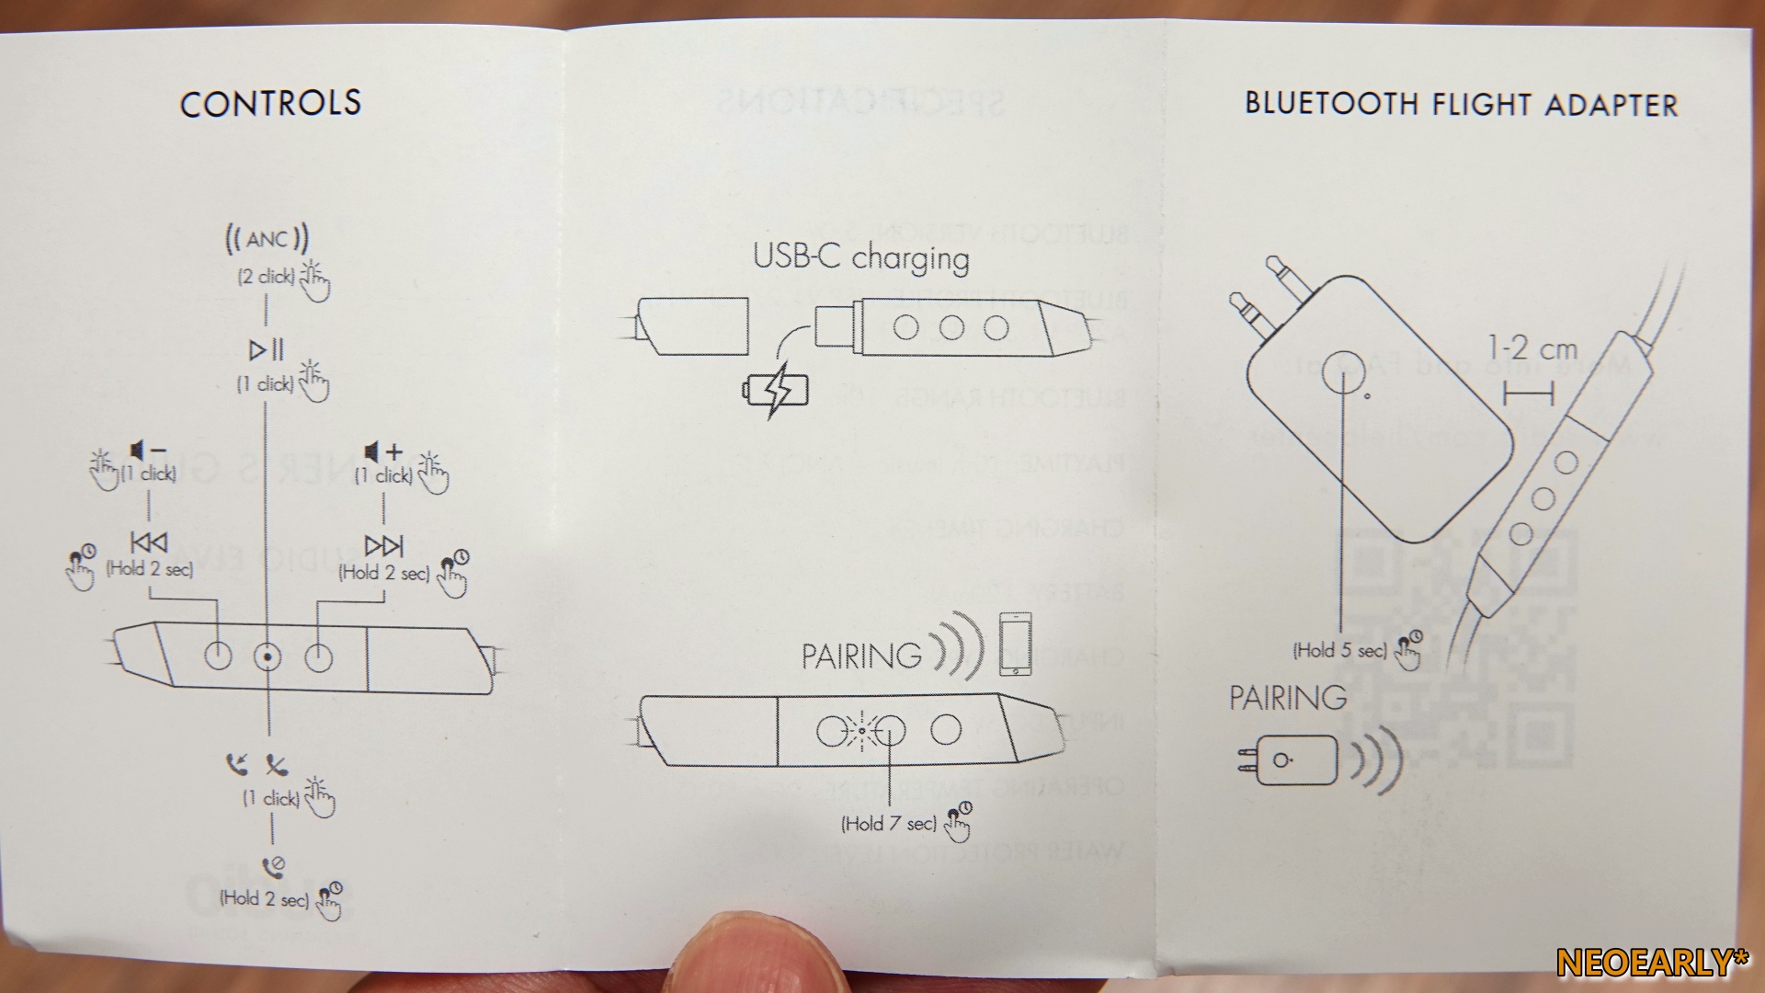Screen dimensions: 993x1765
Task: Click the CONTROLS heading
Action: tap(270, 103)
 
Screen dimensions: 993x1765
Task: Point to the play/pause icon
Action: tap(267, 350)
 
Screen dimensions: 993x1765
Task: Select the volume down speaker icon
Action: tap(147, 451)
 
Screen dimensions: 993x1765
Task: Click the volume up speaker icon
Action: tap(382, 451)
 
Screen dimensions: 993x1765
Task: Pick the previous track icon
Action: tap(149, 543)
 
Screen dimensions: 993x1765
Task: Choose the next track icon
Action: tap(383, 545)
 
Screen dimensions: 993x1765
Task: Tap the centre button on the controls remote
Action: tap(268, 656)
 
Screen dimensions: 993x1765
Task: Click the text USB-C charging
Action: tap(860, 257)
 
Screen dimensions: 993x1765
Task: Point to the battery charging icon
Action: tap(777, 391)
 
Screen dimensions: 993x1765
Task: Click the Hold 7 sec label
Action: tap(888, 824)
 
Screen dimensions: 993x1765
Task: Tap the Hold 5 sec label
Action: tap(1339, 651)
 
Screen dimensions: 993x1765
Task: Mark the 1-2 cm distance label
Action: tap(1532, 349)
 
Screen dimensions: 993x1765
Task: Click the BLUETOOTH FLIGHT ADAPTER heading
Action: tap(1461, 104)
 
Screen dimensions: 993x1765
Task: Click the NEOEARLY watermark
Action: tap(1652, 963)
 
